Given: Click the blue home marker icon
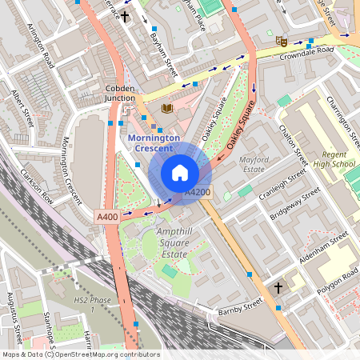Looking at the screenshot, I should (180, 173).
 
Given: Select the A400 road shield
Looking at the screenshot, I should (106, 217).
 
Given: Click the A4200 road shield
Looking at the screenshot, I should (198, 192).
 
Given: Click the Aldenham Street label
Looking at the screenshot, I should (320, 248).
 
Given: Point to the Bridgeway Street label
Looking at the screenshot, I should (295, 203).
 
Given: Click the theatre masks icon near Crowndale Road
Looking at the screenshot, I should (281, 39).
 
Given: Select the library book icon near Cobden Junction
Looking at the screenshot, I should (166, 108).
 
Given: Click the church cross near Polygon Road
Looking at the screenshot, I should (278, 287).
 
